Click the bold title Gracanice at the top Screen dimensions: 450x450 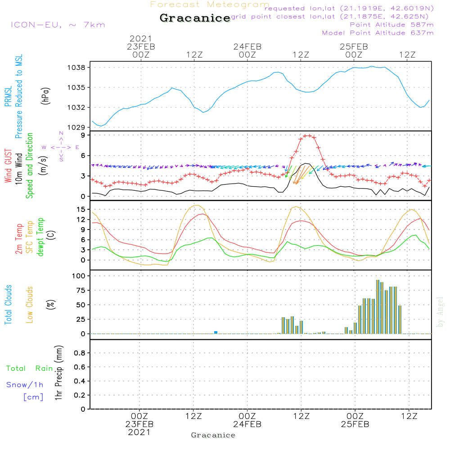[195, 18]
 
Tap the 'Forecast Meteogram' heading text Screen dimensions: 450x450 [210, 4]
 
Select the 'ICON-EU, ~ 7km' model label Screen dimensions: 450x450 [58, 25]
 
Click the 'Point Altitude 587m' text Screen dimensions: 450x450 [391, 25]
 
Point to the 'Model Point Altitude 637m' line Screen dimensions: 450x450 [378, 33]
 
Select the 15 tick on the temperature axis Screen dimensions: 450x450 [81, 209]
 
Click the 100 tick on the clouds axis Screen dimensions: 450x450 [79, 275]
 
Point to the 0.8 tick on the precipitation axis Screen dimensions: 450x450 [79, 353]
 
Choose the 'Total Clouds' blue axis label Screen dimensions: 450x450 [8, 305]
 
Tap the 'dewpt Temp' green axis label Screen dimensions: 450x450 [41, 237]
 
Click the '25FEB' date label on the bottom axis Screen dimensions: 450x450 [355, 424]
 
